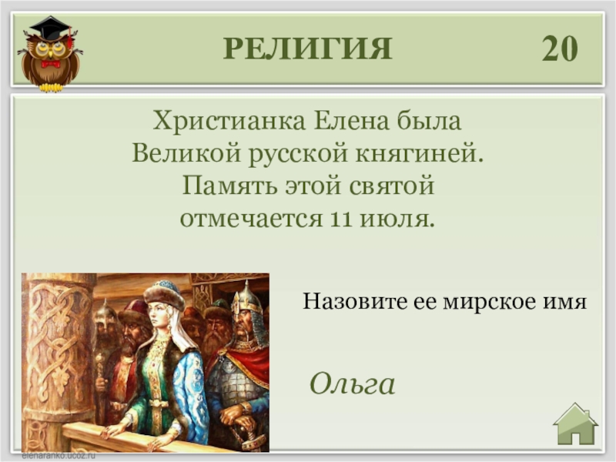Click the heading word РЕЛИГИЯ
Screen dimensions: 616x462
(x=307, y=49)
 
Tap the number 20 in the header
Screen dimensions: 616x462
(x=560, y=49)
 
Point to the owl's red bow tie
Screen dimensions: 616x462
(x=51, y=64)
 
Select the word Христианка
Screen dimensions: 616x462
(x=229, y=121)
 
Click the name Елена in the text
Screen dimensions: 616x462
(x=351, y=121)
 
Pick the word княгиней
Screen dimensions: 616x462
(x=420, y=153)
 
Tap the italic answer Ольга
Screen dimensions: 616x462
(x=353, y=383)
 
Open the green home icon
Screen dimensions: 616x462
(x=575, y=424)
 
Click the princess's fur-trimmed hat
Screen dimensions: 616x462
(x=165, y=294)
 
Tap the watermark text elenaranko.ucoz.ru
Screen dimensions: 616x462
(x=59, y=456)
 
